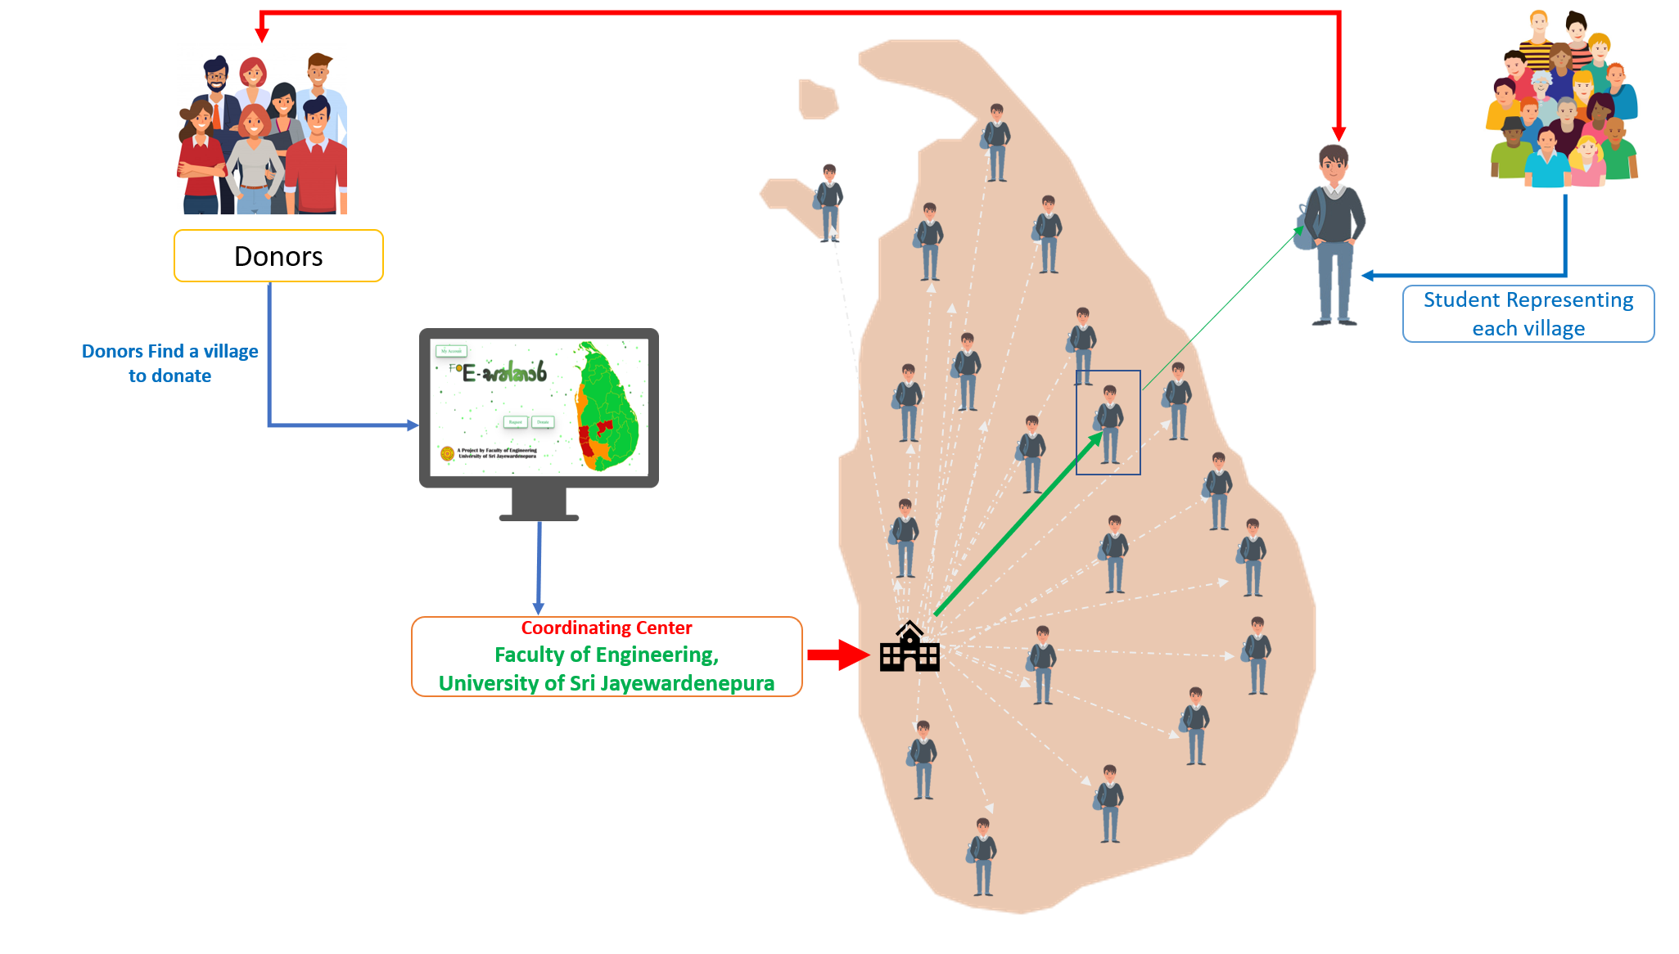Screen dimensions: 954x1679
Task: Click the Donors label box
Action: (x=278, y=256)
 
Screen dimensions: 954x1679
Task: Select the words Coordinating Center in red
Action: (x=607, y=628)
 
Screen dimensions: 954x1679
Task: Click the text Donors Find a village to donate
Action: (x=170, y=363)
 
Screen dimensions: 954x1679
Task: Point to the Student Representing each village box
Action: (x=1528, y=314)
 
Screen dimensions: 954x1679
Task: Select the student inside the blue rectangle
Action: (x=1109, y=424)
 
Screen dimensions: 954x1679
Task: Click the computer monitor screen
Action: (x=539, y=407)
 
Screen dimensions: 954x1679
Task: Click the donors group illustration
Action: (x=262, y=129)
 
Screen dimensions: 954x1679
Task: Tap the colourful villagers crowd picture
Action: (x=1564, y=100)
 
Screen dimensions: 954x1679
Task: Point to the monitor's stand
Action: (x=539, y=504)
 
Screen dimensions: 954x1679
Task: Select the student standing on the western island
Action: (x=829, y=202)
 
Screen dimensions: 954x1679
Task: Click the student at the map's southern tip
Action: (x=982, y=856)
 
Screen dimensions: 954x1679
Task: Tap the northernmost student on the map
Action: (x=996, y=142)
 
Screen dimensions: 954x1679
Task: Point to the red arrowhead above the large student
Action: (x=1339, y=133)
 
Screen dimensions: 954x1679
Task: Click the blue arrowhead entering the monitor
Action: (x=413, y=425)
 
